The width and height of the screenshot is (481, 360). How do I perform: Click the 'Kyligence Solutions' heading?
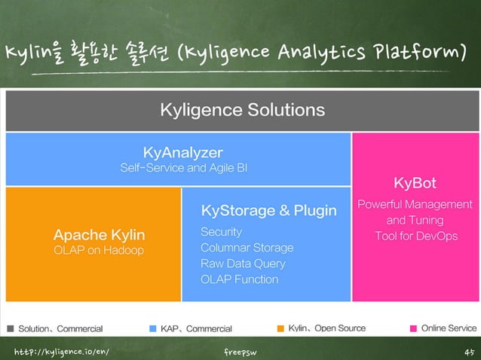(x=242, y=110)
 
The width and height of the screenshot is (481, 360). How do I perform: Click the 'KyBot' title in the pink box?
(x=415, y=183)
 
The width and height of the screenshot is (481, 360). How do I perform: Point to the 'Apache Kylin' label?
(x=99, y=234)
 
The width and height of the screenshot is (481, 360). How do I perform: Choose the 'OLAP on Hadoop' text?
(x=99, y=250)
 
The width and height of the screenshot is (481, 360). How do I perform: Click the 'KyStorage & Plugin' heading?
(x=268, y=210)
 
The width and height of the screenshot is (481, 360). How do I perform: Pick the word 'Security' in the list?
(x=221, y=231)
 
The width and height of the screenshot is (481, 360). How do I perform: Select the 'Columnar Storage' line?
(x=247, y=248)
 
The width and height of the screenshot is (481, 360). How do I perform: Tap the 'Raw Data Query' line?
(x=243, y=264)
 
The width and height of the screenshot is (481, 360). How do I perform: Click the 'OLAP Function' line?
(x=239, y=279)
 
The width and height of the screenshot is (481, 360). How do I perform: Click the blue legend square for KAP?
(x=153, y=328)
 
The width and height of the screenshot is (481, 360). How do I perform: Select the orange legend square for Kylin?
(x=280, y=328)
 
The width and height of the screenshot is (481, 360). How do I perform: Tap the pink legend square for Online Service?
(x=413, y=328)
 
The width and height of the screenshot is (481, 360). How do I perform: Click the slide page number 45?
(x=467, y=351)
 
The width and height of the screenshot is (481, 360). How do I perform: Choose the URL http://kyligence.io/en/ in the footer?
(x=56, y=351)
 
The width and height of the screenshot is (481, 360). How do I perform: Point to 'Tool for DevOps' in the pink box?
(x=415, y=236)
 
